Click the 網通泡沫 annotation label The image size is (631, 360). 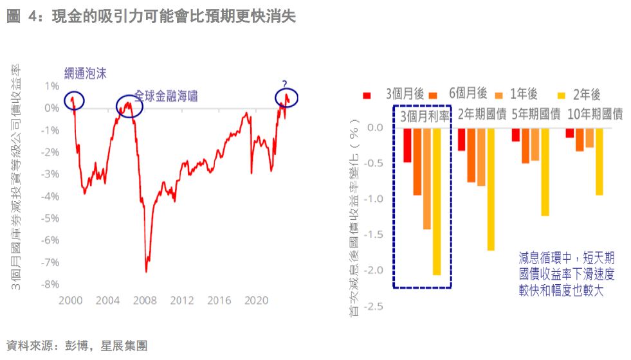[86, 73]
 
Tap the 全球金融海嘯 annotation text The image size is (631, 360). [166, 96]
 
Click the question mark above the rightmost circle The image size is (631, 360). [284, 82]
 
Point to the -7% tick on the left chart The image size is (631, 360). [50, 262]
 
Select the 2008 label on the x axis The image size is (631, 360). [145, 300]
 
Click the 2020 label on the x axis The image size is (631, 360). [257, 300]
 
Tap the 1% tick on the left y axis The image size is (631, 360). [52, 85]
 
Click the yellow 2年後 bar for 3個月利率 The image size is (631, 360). [437, 201]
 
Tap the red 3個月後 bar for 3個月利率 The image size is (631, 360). [407, 145]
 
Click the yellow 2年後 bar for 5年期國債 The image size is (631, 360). [545, 172]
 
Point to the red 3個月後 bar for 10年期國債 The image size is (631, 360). [569, 132]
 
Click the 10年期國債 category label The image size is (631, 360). [596, 114]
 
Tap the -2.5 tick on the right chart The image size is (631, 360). [373, 305]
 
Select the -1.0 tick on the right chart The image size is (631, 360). [373, 199]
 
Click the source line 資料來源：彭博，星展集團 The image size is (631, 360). [77, 346]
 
